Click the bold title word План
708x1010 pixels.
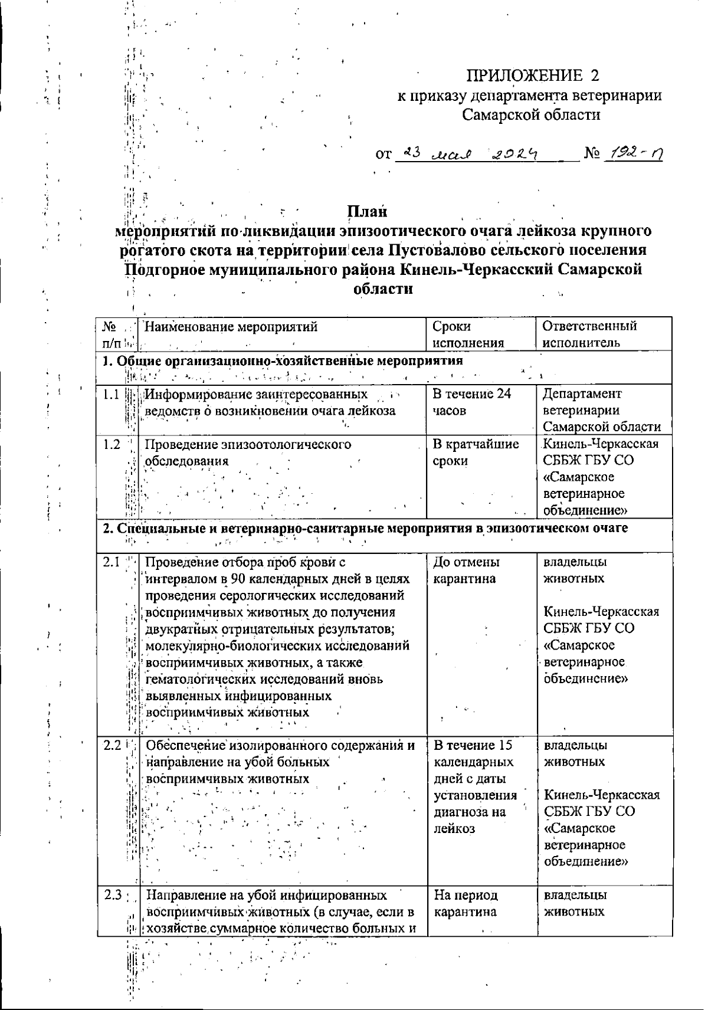click(366, 211)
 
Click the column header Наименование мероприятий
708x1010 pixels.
click(231, 326)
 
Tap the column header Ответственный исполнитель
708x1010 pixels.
click(589, 335)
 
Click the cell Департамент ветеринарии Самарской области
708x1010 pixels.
click(601, 410)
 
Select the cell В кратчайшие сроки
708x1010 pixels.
click(476, 452)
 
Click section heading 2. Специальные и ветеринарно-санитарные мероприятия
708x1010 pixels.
click(365, 528)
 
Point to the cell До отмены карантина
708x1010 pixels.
click(466, 570)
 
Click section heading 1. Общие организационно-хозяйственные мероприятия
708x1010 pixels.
click(283, 360)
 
